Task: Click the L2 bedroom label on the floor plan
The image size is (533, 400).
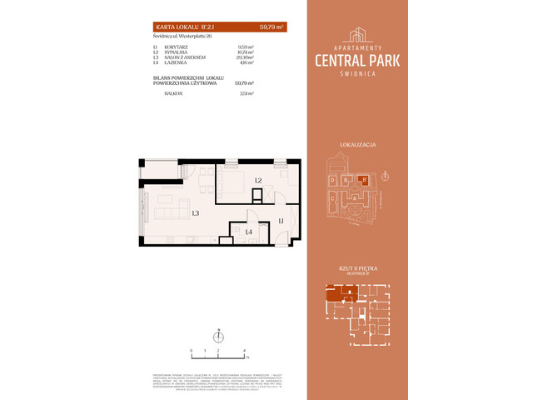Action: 259,181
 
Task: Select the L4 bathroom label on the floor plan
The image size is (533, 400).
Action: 248,232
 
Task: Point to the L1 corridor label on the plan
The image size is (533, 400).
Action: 281,220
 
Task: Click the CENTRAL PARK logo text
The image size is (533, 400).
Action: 358,59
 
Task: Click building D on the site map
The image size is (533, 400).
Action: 332,180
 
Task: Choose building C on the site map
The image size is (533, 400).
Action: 332,198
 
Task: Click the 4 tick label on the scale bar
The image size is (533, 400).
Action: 244,351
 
